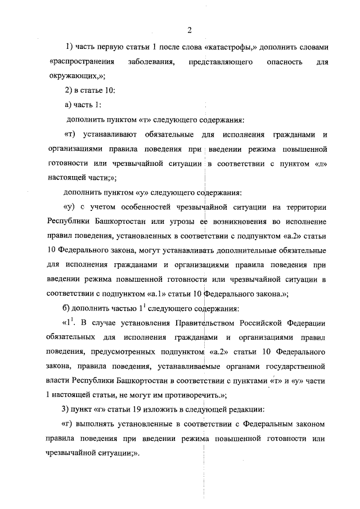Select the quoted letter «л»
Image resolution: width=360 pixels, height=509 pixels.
[x=319, y=163]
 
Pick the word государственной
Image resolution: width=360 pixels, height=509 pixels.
[x=295, y=367]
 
